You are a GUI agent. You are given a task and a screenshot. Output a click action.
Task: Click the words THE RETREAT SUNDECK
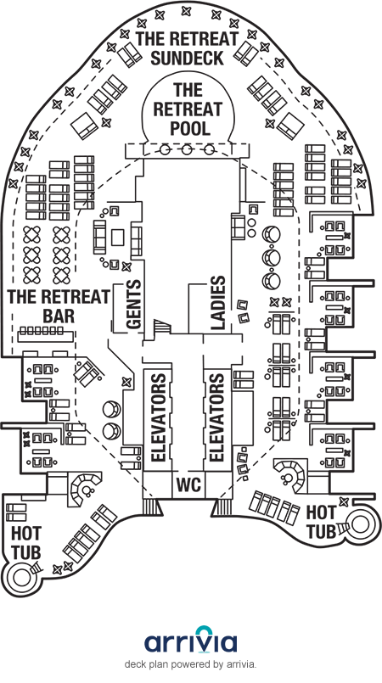point(188,48)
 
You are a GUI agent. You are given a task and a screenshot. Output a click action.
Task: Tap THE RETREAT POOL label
point(188,109)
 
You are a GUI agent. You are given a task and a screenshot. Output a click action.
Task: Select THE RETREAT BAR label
point(59,306)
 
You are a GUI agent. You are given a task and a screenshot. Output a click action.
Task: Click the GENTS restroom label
point(134,304)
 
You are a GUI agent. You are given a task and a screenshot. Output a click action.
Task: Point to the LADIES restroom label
point(218,302)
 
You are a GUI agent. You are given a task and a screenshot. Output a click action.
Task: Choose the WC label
point(189,484)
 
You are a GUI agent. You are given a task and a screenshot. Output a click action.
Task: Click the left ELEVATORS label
point(158,417)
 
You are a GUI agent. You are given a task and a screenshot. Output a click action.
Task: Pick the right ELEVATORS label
point(216,417)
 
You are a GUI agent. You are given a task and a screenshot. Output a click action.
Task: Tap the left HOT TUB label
point(25,543)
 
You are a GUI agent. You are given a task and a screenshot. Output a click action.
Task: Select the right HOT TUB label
point(322,522)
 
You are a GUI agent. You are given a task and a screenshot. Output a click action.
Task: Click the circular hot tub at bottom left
point(20,577)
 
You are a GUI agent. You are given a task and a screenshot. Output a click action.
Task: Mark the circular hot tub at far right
point(361,524)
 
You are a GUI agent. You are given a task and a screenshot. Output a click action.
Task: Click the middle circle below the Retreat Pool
point(187,150)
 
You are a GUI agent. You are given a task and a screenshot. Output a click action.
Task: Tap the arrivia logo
point(191,640)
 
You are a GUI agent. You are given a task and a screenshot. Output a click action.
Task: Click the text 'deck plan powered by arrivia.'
point(190,664)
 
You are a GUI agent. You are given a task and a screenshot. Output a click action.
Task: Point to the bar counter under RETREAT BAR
point(45,336)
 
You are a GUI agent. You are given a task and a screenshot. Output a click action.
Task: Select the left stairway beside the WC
point(153,507)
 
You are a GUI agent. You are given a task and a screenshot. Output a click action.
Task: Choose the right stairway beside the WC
point(222,507)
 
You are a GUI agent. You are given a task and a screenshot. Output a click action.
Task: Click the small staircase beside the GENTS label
point(161,328)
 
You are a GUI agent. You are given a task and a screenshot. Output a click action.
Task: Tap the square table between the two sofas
point(118,238)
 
